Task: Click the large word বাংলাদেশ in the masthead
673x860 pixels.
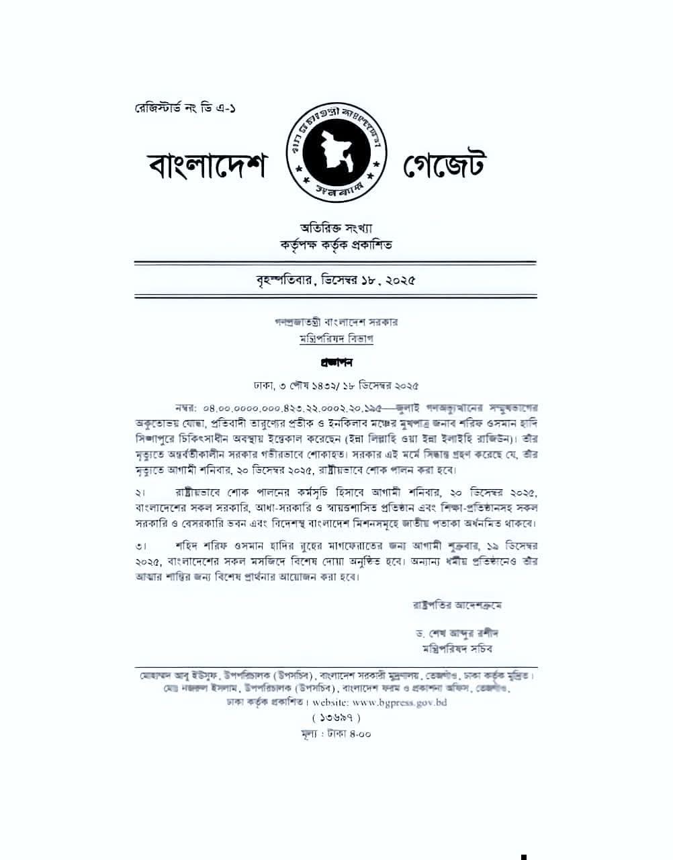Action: [208, 165]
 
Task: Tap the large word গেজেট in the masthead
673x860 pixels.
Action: [444, 165]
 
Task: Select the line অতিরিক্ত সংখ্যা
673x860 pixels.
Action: [336, 230]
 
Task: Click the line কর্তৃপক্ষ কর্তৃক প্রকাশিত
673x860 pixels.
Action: [336, 245]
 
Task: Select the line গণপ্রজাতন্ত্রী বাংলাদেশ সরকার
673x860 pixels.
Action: [336, 322]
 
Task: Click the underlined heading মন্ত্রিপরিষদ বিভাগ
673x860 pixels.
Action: [336, 339]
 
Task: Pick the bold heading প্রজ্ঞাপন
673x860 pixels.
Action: [336, 363]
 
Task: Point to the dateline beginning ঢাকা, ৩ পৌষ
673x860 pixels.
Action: [336, 386]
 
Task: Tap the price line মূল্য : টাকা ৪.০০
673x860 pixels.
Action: [336, 734]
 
